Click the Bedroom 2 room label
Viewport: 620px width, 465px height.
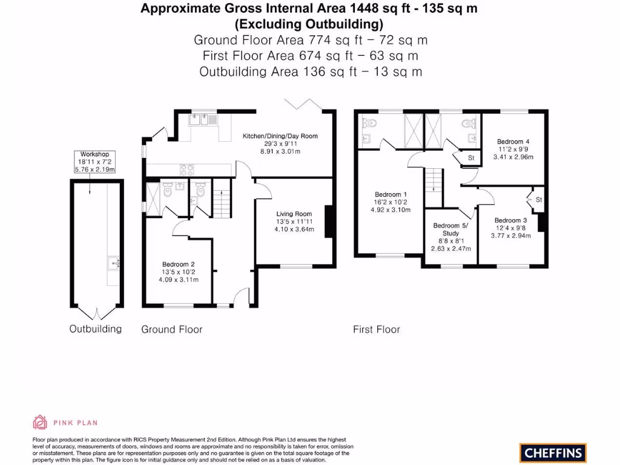[x=179, y=264]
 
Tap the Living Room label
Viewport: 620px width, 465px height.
[x=294, y=214]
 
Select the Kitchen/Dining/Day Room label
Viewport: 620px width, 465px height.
[x=280, y=136]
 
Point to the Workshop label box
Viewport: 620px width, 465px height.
[x=94, y=162]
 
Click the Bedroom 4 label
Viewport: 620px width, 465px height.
[x=513, y=142]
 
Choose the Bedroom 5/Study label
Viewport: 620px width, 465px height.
[x=450, y=229]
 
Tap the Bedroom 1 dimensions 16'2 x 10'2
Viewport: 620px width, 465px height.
[x=391, y=202]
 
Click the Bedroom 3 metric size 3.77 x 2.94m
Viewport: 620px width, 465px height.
[x=511, y=236]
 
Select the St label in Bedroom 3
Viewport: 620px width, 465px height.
[x=539, y=200]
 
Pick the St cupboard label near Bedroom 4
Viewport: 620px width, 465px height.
[x=471, y=158]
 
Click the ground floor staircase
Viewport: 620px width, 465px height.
[x=222, y=198]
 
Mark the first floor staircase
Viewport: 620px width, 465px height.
[x=434, y=188]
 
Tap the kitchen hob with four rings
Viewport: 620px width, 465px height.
[x=186, y=170]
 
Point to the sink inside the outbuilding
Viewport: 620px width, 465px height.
[x=114, y=263]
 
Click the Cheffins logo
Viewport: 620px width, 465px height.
[x=553, y=453]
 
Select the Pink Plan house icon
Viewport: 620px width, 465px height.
[x=39, y=422]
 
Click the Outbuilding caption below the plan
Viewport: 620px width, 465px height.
[x=95, y=329]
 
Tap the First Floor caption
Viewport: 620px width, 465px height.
[x=377, y=329]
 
